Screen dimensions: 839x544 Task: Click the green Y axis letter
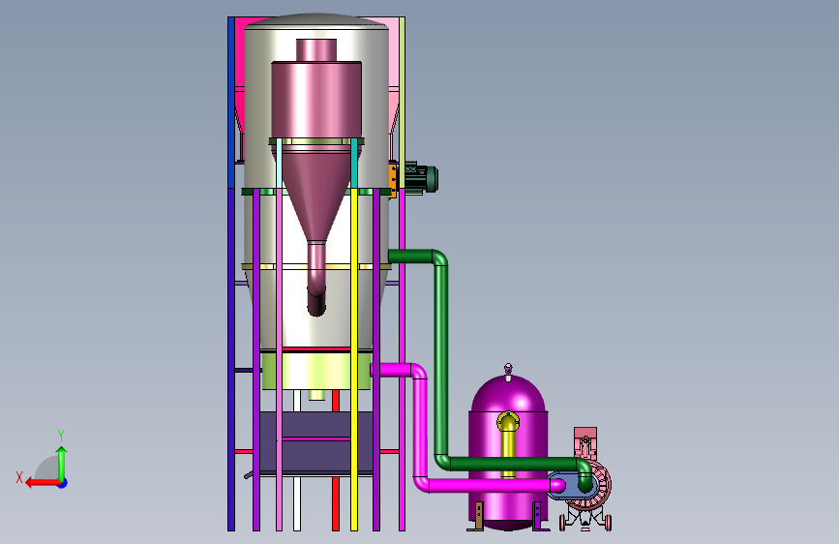(61, 435)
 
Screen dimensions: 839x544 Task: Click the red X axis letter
(19, 477)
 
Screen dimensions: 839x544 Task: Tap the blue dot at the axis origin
(63, 483)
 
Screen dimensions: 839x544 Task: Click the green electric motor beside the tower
(421, 178)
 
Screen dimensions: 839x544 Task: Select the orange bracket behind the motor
(393, 180)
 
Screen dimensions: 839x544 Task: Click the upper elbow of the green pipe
(440, 257)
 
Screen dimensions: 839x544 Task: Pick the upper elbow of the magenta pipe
(420, 371)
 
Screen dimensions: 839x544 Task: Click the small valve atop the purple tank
(508, 370)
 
